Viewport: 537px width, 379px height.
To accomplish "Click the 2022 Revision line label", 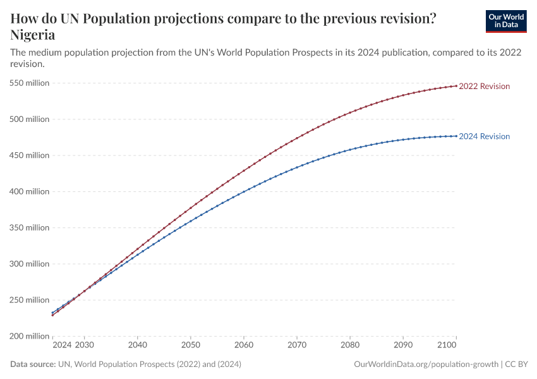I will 484,86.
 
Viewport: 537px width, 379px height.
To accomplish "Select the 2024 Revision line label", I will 484,136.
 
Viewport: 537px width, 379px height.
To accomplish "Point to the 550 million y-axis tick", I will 30,83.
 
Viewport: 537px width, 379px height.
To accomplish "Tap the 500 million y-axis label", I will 30,119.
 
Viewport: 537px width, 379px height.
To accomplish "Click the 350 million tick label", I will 30,227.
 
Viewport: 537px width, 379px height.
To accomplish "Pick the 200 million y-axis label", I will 30,336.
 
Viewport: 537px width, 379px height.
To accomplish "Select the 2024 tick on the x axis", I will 62,346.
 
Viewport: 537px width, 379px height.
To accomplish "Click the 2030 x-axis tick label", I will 84,346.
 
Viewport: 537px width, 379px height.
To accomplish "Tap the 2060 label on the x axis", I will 243,346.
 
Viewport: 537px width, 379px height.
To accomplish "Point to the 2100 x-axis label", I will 446,346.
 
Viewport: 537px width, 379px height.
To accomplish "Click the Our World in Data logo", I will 505,21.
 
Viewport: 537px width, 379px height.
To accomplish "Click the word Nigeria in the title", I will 33,35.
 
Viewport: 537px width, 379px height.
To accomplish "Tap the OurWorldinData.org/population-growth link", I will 426,364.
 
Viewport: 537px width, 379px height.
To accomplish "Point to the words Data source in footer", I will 33,364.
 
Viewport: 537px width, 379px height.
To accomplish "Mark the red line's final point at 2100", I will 456,86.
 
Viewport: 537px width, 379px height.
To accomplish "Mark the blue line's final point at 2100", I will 456,136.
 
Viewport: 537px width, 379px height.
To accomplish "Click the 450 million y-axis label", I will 30,155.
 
